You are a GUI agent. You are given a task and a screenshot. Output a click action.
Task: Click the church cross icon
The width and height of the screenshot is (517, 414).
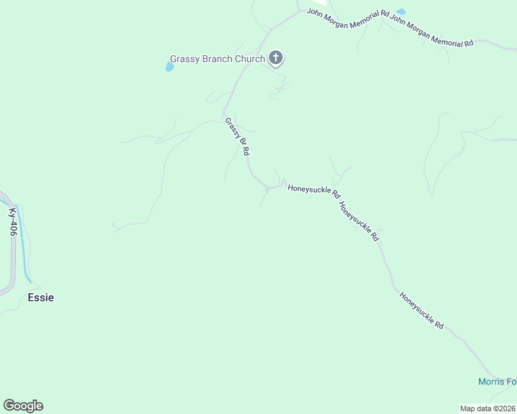[276, 58]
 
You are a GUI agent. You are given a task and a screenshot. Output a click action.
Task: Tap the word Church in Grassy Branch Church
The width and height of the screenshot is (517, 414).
[250, 59]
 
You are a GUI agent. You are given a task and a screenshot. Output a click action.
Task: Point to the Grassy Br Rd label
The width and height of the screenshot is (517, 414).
[236, 137]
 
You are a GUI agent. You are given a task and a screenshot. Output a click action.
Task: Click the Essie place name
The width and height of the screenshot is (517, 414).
[41, 297]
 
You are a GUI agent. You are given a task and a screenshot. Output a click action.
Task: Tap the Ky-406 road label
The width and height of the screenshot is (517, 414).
[12, 222]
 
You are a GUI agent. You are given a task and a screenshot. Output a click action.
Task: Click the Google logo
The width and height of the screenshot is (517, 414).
[23, 406]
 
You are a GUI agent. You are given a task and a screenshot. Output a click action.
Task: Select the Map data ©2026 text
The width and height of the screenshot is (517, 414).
[487, 408]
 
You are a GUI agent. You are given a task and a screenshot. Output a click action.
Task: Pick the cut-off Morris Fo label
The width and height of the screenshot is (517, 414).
[497, 382]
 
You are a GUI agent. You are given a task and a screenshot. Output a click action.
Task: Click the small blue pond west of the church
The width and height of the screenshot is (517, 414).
[169, 67]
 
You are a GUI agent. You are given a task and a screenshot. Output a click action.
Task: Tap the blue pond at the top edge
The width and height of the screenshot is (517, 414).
[401, 12]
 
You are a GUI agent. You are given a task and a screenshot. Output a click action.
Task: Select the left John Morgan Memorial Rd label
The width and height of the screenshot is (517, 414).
[348, 14]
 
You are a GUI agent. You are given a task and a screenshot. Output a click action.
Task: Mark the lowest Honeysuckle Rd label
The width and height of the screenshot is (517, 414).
[421, 309]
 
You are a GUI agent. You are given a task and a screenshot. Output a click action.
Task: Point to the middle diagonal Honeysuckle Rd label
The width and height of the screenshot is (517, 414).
[359, 221]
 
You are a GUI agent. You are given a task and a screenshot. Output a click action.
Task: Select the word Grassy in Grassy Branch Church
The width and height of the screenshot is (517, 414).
[185, 59]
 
